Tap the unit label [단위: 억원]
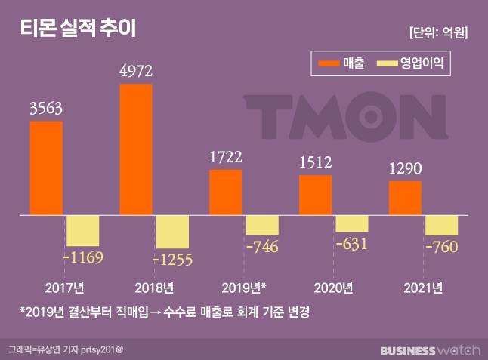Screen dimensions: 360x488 pyautogui.click(x=437, y=32)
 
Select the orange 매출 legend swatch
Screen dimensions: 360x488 pyautogui.click(x=329, y=65)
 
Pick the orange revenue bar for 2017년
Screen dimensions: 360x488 pyautogui.click(x=45, y=168)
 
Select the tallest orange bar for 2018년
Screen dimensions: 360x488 pyautogui.click(x=136, y=149)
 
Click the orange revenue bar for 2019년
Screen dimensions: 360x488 pyautogui.click(x=225, y=192)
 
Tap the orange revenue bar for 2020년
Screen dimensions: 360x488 pyautogui.click(x=315, y=195)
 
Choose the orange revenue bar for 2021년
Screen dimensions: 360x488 pyautogui.click(x=405, y=198)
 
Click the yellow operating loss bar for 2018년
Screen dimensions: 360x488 pyautogui.click(x=171, y=232)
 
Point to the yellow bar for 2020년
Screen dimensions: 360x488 pyautogui.click(x=351, y=223)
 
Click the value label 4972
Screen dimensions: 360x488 pyautogui.click(x=136, y=72)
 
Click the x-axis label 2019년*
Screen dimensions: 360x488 pyautogui.click(x=244, y=288)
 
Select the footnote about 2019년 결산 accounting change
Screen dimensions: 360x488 pyautogui.click(x=166, y=311)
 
